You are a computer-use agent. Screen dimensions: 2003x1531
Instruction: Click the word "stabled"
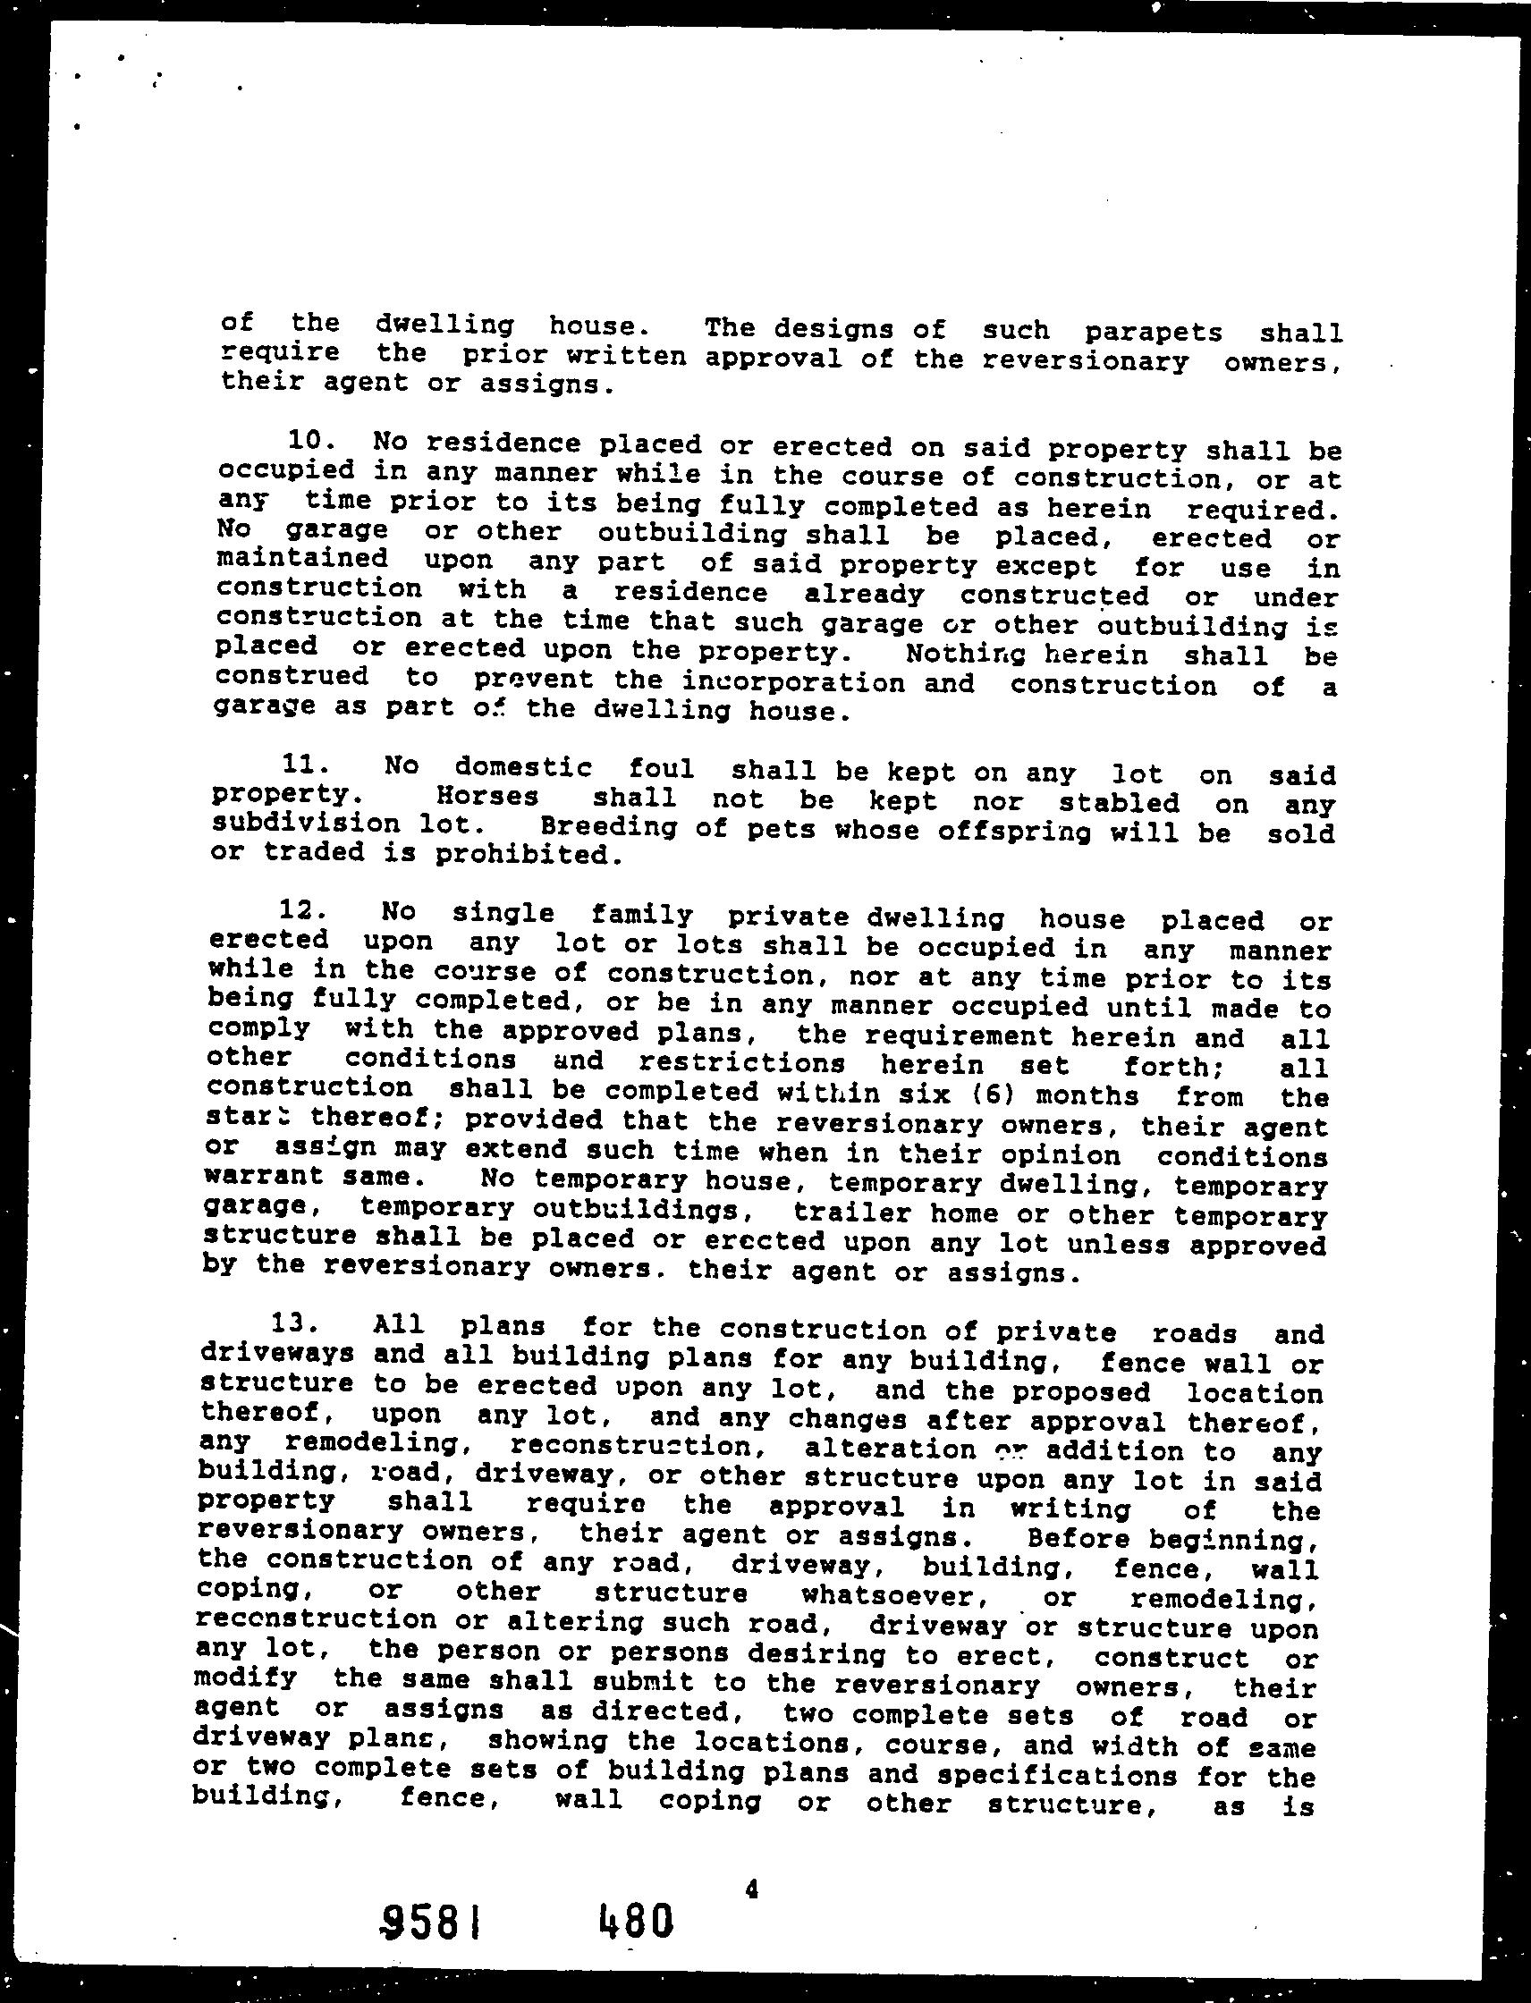tap(1119, 803)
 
